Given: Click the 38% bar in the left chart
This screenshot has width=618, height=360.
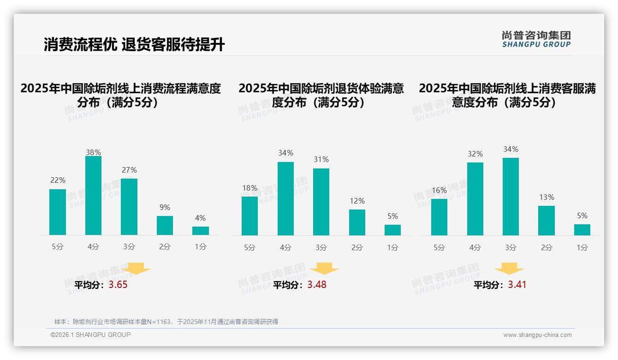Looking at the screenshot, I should click(93, 196).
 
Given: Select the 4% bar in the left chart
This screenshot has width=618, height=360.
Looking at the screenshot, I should click(201, 231).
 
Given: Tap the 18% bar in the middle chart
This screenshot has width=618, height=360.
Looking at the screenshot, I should click(250, 216).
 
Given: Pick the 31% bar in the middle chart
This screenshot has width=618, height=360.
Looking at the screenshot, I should click(321, 202).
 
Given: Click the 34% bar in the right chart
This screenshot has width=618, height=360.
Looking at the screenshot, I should click(511, 197).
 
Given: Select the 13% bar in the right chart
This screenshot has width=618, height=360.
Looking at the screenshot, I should click(547, 221).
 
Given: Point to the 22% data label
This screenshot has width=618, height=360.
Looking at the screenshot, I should click(58, 180).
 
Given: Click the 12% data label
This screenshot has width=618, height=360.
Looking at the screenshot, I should click(357, 201).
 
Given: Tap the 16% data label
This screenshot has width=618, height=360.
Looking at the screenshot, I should click(439, 190).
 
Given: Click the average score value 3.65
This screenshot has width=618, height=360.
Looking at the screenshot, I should click(118, 285).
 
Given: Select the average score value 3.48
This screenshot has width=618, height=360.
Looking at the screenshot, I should click(317, 285).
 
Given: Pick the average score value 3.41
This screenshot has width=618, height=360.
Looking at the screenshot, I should click(517, 285).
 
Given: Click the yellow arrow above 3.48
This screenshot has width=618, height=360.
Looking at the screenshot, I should click(324, 268).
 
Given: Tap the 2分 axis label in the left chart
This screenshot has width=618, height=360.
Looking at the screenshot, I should click(165, 247).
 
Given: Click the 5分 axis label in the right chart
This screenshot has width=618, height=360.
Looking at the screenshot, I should click(439, 248).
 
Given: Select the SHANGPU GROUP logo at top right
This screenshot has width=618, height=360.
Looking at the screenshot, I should click(536, 39).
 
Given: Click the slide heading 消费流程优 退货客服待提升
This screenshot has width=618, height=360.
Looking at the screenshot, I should click(134, 45).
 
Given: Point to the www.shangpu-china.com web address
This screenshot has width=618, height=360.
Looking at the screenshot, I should click(537, 335).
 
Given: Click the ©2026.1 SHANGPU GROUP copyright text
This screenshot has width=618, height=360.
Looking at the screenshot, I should click(90, 335).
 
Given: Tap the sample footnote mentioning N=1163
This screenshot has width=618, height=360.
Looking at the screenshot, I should click(166, 322).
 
